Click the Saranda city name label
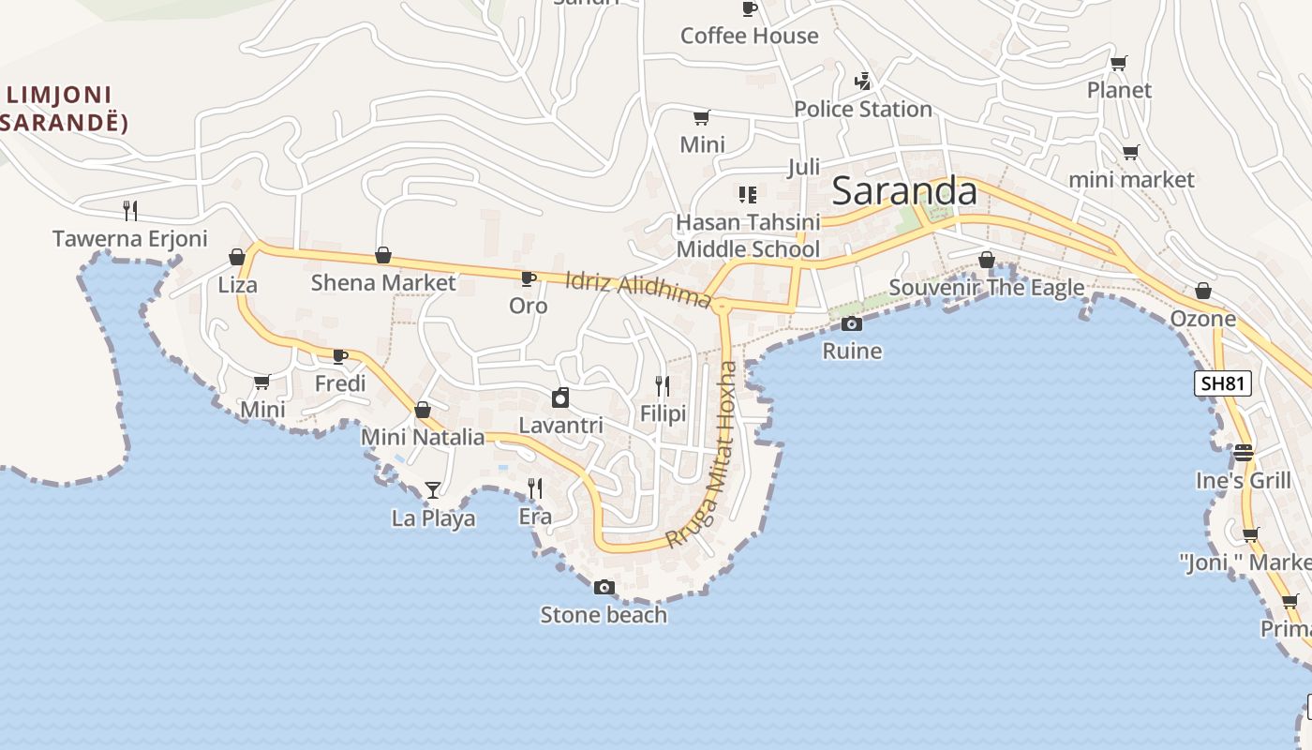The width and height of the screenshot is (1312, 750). pos(904,191)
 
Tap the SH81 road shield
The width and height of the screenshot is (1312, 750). pos(1223,383)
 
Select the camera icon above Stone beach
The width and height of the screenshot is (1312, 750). pos(604,588)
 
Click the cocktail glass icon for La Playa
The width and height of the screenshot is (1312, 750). pos(432,490)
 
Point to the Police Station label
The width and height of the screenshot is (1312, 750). pos(863,110)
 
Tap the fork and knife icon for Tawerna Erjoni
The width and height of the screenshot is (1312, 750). pos(130,211)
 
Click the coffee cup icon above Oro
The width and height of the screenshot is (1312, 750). pos(528,278)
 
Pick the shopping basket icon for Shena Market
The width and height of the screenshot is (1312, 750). pos(383,255)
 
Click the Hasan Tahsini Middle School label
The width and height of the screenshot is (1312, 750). pos(748,235)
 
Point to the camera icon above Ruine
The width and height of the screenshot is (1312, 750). pos(852,324)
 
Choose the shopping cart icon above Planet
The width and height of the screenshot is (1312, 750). pos(1118,64)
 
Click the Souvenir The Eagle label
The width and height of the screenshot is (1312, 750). pos(986,288)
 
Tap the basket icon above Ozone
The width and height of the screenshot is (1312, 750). pos(1203,292)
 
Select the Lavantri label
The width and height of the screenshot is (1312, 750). pos(560,426)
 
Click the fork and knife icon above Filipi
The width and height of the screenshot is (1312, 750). pos(663,386)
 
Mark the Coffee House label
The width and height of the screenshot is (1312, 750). pos(749,37)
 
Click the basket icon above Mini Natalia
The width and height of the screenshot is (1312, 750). pos(423,410)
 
